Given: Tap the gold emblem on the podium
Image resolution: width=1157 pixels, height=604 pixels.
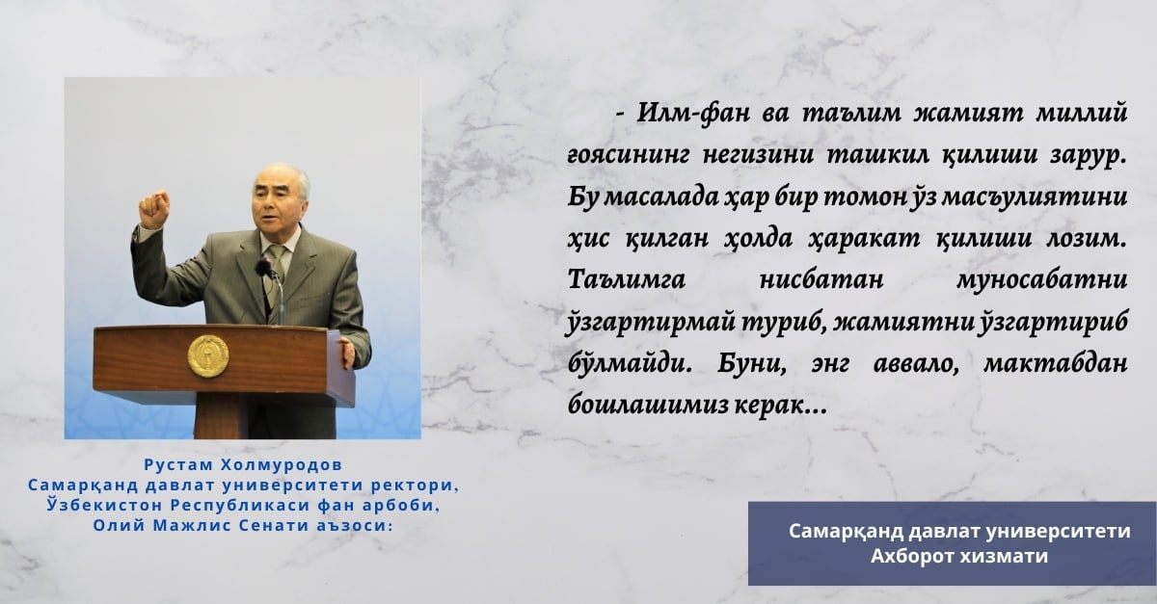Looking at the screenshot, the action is (208, 356).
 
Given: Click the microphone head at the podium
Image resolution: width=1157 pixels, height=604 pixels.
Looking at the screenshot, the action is (264, 268).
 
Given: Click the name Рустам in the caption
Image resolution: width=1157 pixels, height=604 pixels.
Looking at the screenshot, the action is (178, 465).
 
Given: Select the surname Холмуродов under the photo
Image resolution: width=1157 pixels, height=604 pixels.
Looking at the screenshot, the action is (282, 465).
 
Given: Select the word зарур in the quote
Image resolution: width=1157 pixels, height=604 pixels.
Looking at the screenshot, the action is (1087, 156).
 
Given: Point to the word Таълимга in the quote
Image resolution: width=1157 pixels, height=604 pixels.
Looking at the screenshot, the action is (627, 280).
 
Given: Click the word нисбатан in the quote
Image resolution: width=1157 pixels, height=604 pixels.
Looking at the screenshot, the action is (821, 280).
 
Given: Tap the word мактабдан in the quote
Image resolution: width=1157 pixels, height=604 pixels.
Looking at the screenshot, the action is (1055, 363).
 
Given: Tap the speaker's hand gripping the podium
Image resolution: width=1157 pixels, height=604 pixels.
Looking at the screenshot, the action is (347, 353).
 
